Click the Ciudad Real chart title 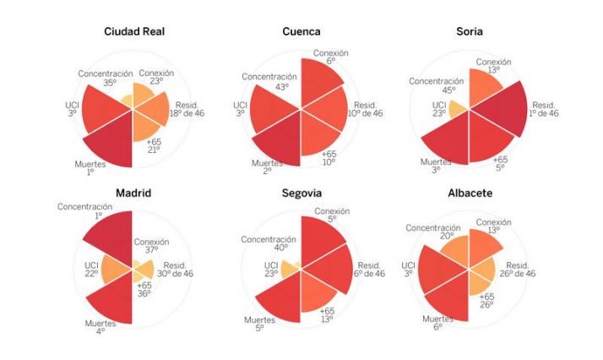[x=133, y=32]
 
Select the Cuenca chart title [x=301, y=32]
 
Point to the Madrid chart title [x=133, y=193]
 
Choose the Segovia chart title [x=301, y=193]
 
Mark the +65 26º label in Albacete [x=487, y=300]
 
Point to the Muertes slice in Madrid [x=110, y=300]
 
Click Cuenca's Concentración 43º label [x=269, y=82]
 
